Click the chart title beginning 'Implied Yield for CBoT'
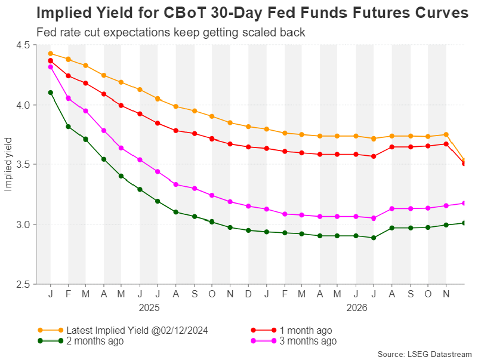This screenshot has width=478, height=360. click(252, 13)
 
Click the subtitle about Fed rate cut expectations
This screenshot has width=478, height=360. click(171, 32)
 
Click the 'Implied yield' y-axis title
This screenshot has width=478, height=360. click(8, 165)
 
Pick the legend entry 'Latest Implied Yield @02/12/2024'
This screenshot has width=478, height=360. click(137, 330)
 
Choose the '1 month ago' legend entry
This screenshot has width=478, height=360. click(306, 330)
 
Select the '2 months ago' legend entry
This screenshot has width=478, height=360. click(95, 341)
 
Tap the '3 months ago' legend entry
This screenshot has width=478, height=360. click(308, 341)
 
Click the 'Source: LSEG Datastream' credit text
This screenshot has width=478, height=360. click(425, 354)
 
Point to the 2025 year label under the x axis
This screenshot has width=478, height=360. click(149, 308)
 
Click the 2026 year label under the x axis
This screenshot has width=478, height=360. click(357, 308)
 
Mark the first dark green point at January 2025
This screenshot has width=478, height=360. click(51, 93)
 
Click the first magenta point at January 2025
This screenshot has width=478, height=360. click(51, 67)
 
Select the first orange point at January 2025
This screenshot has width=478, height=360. click(51, 54)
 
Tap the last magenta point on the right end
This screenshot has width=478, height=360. click(464, 203)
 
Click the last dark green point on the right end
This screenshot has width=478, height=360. click(464, 223)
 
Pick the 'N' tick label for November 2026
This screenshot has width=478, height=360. click(446, 294)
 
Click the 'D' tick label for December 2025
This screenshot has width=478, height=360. click(248, 294)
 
